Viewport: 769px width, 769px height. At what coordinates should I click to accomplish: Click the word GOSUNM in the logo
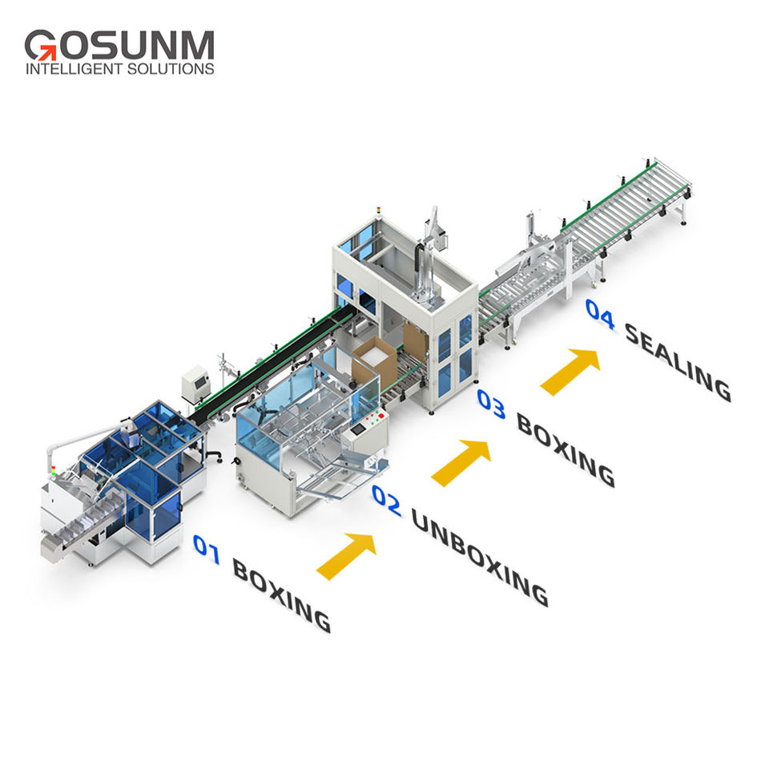pyautogui.click(x=119, y=45)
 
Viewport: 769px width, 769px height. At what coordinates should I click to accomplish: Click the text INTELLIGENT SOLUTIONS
pyautogui.click(x=119, y=69)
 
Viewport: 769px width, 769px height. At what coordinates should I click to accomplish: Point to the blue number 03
pyautogui.click(x=490, y=403)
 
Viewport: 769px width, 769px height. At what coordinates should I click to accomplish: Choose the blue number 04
pyautogui.click(x=599, y=313)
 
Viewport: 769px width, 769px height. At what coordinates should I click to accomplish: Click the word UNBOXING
pyautogui.click(x=479, y=557)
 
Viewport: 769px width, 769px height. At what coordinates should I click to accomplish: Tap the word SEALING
pyautogui.click(x=677, y=361)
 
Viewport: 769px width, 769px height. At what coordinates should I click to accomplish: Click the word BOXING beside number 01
pyautogui.click(x=280, y=595)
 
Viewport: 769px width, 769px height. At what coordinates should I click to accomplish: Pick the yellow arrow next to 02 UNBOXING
pyautogui.click(x=461, y=462)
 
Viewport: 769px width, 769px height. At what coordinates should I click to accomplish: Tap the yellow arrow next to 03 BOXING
pyautogui.click(x=570, y=370)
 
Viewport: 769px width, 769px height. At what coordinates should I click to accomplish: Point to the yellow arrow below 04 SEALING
pyautogui.click(x=570, y=370)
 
